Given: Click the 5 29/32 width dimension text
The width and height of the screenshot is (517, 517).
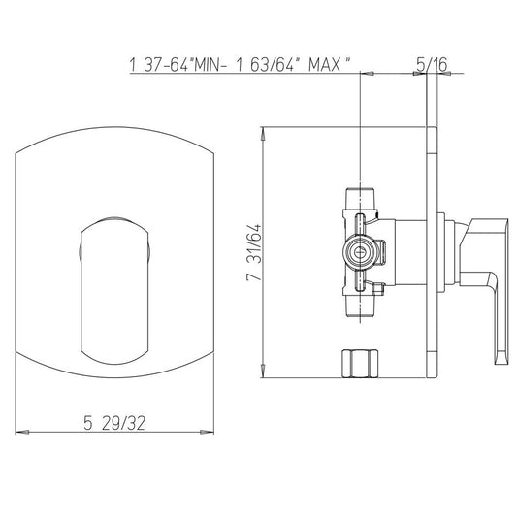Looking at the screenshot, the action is tap(114, 423).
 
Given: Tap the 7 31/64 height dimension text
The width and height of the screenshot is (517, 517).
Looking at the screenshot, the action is tap(254, 252).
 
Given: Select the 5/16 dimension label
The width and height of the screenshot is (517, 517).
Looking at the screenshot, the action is tap(432, 64).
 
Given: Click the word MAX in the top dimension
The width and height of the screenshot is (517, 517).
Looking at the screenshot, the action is tap(324, 65).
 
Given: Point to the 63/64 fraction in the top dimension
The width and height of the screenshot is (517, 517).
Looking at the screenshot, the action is tap(273, 65).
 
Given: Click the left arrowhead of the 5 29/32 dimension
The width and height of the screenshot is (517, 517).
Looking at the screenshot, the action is tap(22, 432).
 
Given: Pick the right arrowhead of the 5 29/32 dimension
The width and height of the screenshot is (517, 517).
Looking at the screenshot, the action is tap(208, 432).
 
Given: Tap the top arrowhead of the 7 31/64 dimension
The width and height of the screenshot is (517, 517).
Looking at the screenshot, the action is tap(263, 134).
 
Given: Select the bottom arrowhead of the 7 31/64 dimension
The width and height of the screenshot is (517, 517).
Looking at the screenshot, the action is tap(263, 371).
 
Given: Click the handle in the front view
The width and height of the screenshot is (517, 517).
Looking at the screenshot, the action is tap(114, 291).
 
